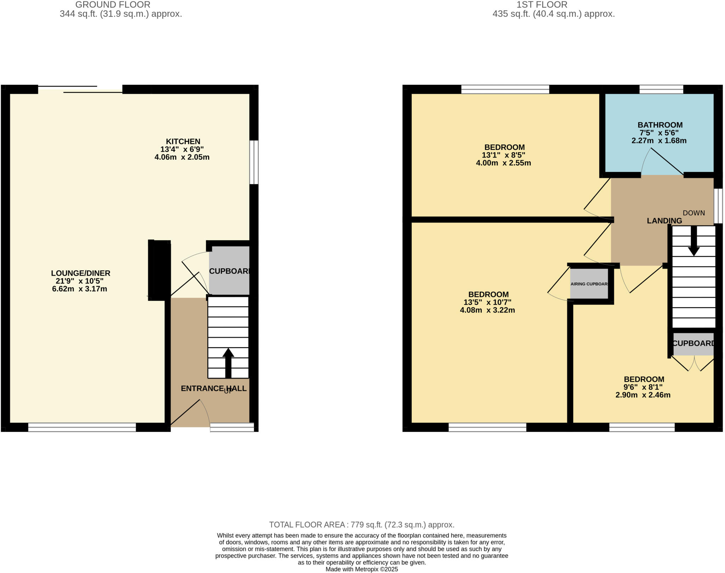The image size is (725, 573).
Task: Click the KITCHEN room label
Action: tap(183, 141)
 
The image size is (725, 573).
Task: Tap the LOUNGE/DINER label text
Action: tap(81, 273)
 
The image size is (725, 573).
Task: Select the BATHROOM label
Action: tap(660, 125)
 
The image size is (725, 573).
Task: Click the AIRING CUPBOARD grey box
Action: tap(589, 284)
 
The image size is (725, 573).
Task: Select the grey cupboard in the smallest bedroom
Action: tap(693, 343)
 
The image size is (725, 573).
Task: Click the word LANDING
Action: tap(664, 221)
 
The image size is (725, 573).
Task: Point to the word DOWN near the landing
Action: tap(693, 213)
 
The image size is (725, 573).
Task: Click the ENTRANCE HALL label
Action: tap(213, 388)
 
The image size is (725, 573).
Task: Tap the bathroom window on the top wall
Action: tap(661, 89)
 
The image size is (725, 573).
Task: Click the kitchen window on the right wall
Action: tap(254, 162)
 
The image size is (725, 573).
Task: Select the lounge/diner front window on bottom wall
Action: tap(82, 427)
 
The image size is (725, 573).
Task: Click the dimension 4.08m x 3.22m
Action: tap(487, 310)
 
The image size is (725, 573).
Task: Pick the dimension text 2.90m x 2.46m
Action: tap(643, 395)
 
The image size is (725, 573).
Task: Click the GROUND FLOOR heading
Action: tap(113, 5)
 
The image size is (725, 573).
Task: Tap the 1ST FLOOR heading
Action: tap(542, 5)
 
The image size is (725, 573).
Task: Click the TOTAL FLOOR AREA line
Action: tap(361, 525)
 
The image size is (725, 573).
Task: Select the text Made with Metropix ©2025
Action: tap(361, 569)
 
